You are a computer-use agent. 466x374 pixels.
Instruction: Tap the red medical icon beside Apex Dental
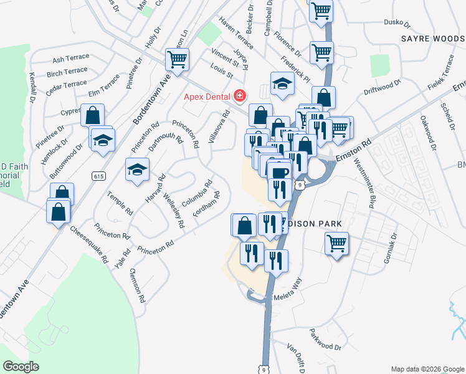pos(239,96)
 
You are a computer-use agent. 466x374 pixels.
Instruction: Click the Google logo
pos(21,367)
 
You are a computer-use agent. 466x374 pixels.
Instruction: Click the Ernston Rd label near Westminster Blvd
pos(353,152)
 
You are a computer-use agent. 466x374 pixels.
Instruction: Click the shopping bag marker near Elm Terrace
pos(92,115)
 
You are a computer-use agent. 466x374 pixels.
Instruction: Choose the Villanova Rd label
pos(219,127)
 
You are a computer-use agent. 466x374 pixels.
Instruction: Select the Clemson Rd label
pos(137,285)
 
